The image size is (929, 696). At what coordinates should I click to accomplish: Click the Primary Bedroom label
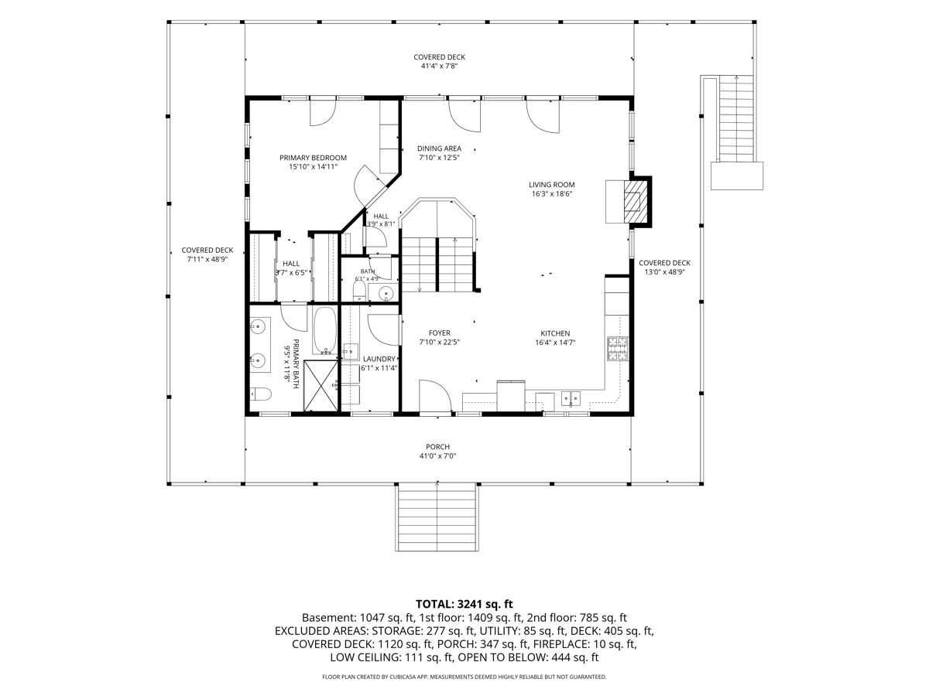(313, 158)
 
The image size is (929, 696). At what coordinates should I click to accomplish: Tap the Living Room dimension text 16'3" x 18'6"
(552, 194)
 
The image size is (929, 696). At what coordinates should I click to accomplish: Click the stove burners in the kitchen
(618, 349)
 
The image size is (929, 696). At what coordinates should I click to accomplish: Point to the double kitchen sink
(571, 398)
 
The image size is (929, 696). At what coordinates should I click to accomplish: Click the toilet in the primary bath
(260, 394)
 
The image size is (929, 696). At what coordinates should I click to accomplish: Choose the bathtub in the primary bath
(325, 330)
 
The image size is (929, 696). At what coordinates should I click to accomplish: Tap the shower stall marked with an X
(321, 385)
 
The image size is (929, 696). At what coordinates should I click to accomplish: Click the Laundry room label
(379, 359)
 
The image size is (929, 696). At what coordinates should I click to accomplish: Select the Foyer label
(439, 333)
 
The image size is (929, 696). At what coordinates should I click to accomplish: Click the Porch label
(437, 447)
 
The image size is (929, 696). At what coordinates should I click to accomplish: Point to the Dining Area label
(439, 148)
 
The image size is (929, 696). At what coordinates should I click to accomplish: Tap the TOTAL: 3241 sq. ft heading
(464, 604)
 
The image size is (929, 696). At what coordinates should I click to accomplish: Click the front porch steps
(437, 517)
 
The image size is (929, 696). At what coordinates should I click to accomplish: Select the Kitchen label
(555, 333)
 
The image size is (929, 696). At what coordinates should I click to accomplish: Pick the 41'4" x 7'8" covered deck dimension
(439, 66)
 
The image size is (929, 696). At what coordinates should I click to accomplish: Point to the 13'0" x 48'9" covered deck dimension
(664, 272)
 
